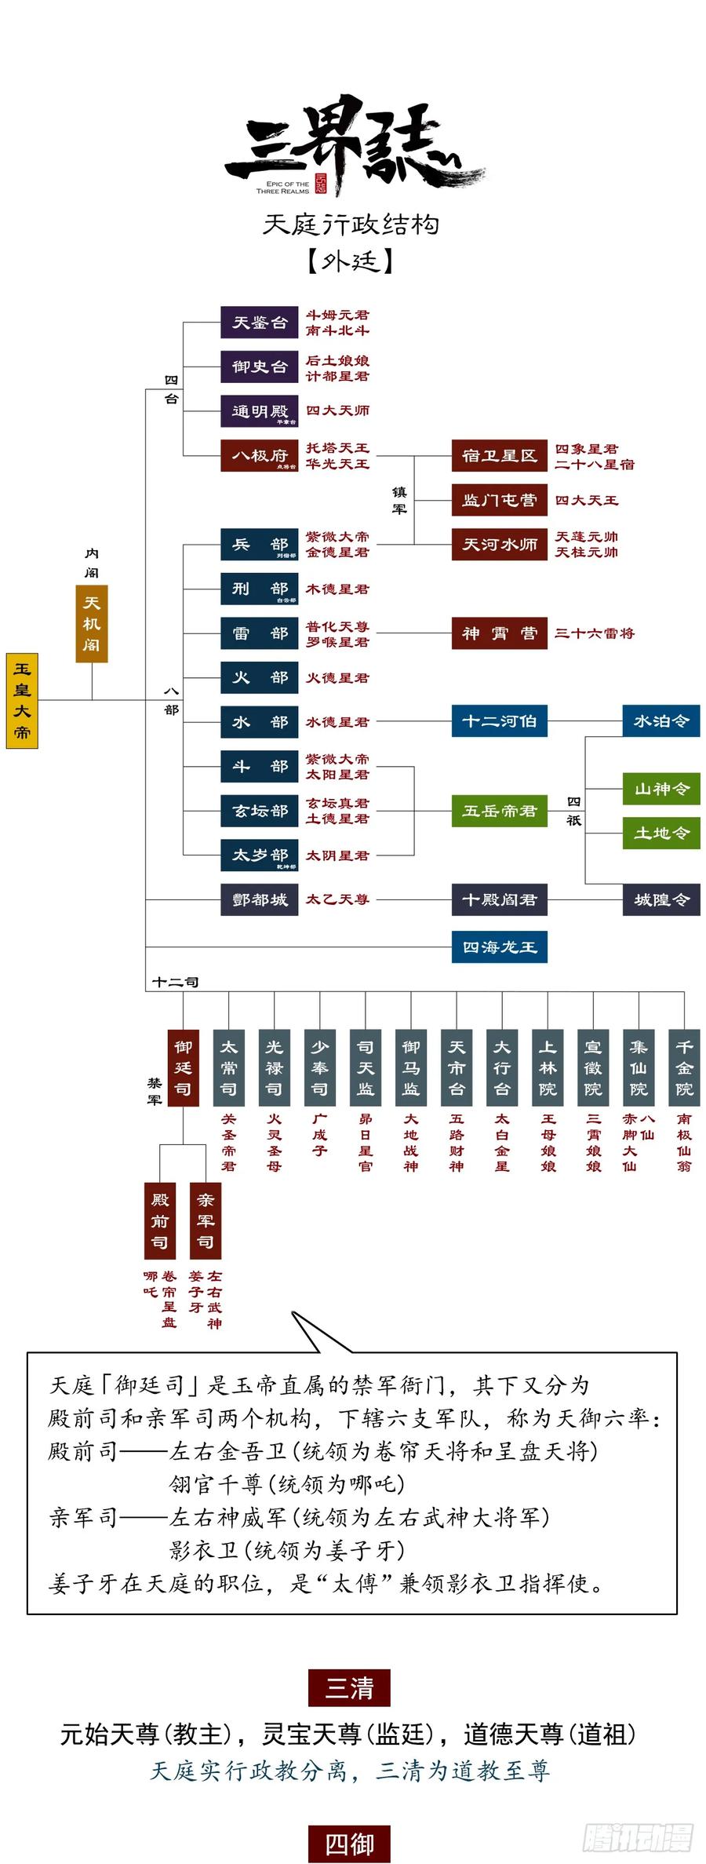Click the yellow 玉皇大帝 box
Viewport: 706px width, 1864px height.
point(22,700)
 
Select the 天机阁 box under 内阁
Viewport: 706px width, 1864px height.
point(92,624)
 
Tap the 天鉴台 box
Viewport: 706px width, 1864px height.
point(259,323)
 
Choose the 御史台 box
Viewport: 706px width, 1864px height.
point(259,367)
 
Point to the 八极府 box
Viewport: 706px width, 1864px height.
point(259,456)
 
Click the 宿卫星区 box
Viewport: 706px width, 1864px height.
point(499,456)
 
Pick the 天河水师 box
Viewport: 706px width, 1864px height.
point(499,545)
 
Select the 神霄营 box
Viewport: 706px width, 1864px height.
point(499,633)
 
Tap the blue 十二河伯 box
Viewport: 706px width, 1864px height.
point(499,721)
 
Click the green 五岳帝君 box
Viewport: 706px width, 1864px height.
point(499,811)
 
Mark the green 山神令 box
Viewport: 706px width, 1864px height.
point(661,789)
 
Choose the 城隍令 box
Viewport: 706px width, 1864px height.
point(661,899)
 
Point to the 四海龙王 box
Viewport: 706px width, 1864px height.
point(499,947)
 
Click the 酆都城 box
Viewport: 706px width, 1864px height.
point(259,899)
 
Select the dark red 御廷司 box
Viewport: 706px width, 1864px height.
point(183,1068)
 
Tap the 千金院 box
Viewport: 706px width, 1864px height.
point(684,1068)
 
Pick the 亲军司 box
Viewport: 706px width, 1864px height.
point(206,1220)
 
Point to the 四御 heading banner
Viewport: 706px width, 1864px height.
point(349,1844)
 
